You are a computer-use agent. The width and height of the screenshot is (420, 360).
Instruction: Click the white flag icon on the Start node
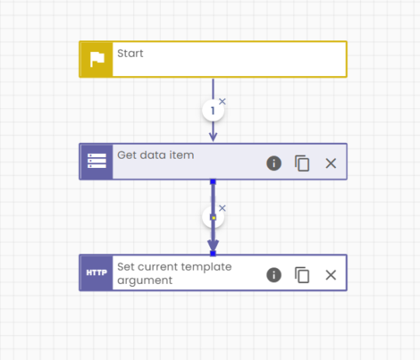97,59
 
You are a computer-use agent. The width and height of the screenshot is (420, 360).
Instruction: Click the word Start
130,54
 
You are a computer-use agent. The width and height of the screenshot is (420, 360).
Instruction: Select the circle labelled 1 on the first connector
213,110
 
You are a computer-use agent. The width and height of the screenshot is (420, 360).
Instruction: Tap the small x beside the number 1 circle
222,102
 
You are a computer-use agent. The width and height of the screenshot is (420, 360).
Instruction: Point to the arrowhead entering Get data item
213,137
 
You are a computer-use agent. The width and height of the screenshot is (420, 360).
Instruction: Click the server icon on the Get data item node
96,161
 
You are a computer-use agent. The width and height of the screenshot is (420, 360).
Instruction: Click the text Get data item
156,155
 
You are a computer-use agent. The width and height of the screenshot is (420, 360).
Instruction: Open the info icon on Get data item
274,163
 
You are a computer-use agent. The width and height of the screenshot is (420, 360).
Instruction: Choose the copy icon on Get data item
302,163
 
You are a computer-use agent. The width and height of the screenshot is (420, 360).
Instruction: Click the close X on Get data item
331,163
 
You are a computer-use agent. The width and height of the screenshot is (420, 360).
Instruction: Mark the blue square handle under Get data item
213,182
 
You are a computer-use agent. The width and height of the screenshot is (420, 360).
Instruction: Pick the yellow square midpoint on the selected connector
213,218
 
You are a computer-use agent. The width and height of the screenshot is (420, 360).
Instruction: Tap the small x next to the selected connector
222,208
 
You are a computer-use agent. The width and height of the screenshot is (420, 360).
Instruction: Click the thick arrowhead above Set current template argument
213,245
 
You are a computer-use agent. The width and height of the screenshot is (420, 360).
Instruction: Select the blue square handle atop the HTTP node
213,253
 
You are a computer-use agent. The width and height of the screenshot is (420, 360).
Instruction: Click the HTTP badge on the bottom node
96,273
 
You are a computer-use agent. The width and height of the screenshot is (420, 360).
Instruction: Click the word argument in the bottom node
145,281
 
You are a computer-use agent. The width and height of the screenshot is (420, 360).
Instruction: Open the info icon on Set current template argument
274,274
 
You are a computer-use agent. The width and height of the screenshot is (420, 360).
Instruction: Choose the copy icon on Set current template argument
302,274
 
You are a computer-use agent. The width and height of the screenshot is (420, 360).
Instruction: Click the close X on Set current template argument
331,274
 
